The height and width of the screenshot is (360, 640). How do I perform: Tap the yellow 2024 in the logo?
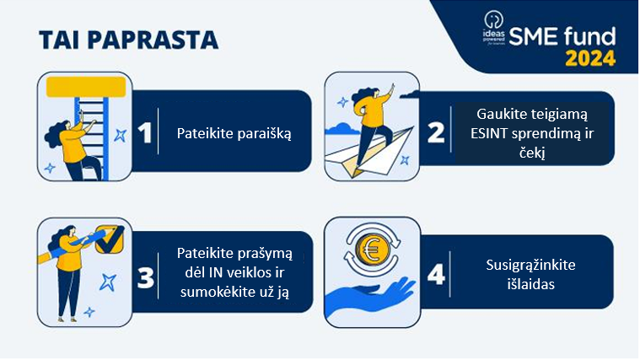click(x=590, y=58)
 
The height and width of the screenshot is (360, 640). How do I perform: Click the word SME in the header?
click(x=533, y=37)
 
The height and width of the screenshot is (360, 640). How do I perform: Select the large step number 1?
click(x=145, y=132)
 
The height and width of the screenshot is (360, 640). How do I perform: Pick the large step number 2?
click(x=435, y=132)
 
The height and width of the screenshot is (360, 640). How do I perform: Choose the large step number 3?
click(x=146, y=277)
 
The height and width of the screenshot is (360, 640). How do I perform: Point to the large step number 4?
click(x=436, y=275)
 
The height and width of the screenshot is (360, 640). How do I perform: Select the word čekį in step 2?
click(x=532, y=153)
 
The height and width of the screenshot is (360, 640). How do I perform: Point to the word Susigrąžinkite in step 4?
click(x=530, y=266)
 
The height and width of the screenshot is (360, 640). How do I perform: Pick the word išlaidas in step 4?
click(x=531, y=284)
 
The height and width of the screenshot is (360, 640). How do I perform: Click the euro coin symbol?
click(x=372, y=250)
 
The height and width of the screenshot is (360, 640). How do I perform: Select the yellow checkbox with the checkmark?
click(x=109, y=239)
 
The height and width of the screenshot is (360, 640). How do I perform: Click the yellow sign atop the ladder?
click(x=86, y=87)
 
